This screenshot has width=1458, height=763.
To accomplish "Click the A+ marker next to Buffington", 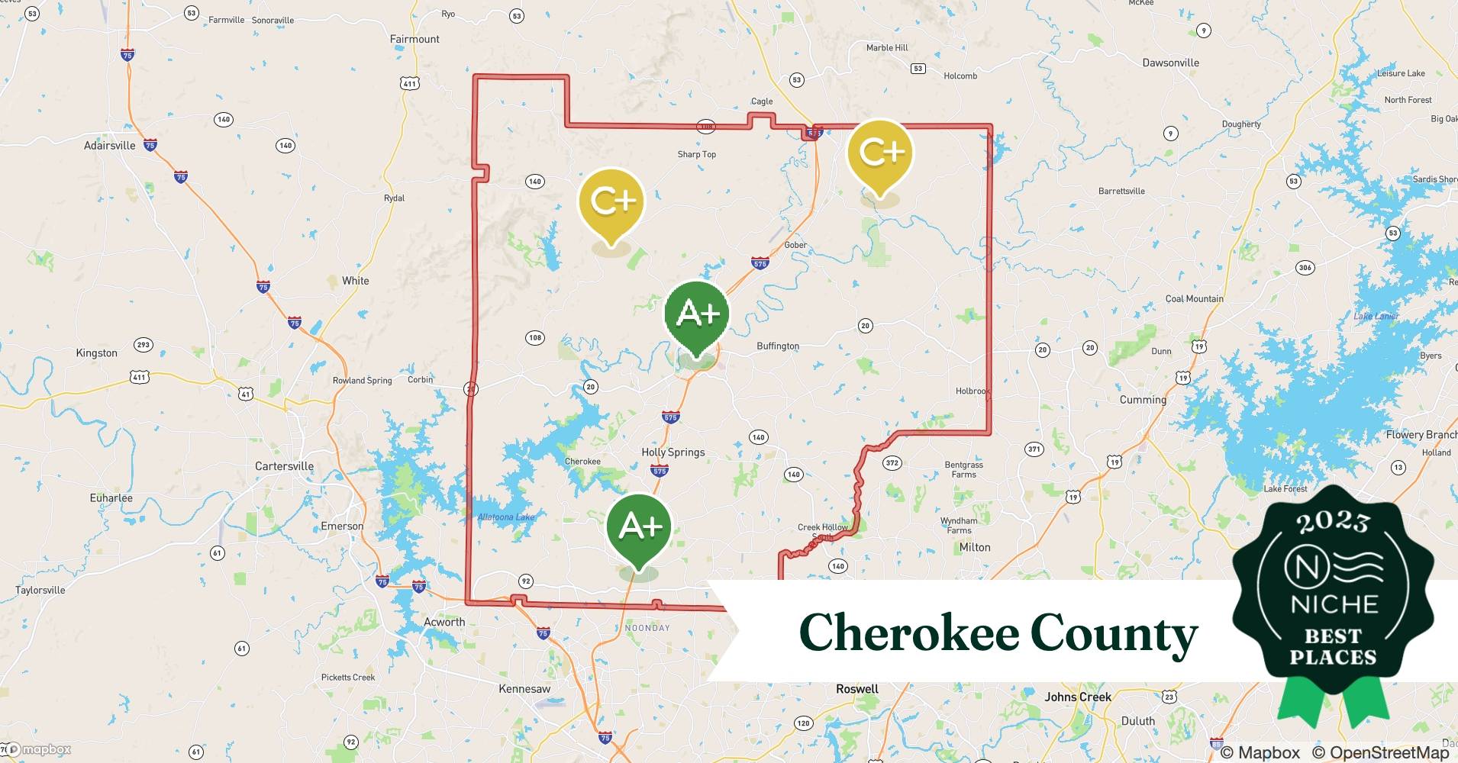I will coord(696,314).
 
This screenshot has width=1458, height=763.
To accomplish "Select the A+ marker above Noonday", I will coord(639,526).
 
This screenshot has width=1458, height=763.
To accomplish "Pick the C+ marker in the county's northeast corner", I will coord(880,153).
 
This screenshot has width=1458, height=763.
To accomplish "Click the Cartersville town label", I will coord(284,466).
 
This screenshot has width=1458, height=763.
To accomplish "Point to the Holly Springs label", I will coord(673,452).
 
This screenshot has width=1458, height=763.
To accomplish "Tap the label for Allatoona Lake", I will coord(506,517).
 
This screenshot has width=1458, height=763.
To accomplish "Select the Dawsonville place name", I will coord(1170,63).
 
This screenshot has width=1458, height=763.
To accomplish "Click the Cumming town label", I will coord(1143,400).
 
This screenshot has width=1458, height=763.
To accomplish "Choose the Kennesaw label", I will coord(524,689).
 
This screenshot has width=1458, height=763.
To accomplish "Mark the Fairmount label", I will coord(414,39).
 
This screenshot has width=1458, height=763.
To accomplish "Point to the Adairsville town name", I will coord(109,146).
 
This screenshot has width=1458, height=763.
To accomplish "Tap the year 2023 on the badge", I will coord(1333,522).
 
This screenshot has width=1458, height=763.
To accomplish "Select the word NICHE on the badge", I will coord(1334,604).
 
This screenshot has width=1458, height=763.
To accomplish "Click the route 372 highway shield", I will coord(892,463).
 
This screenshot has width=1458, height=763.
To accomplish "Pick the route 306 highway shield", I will coord(1305,268).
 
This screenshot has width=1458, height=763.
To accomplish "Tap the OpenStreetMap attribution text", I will coord(1389,752).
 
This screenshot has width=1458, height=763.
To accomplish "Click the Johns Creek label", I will coord(1077,697).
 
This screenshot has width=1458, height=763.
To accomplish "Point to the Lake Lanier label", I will coord(1376,316).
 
